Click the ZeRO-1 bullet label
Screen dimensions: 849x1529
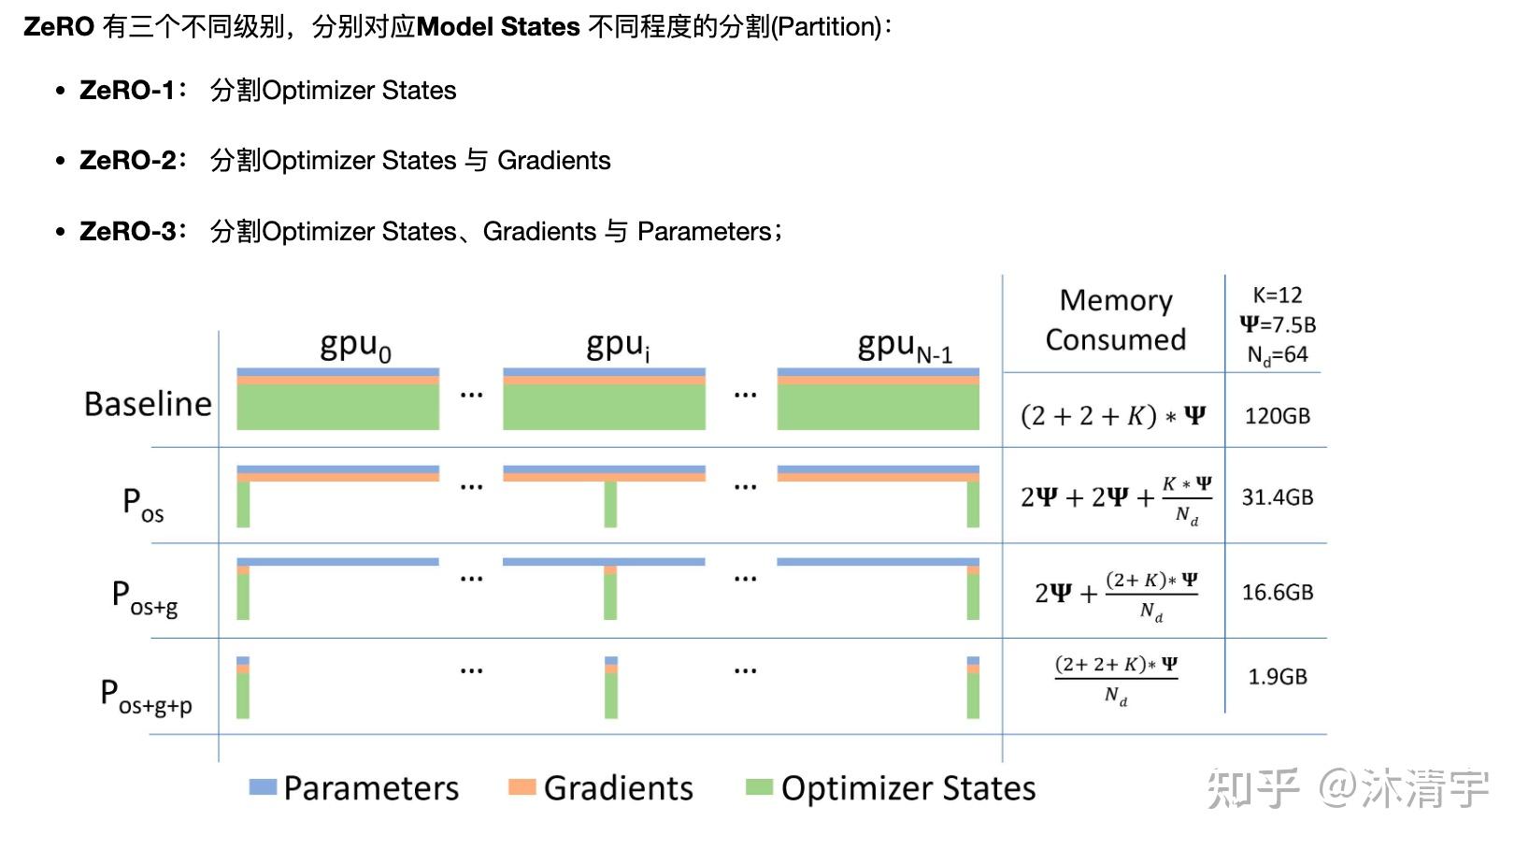[x=128, y=91]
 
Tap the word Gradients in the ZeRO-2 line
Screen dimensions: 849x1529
[x=553, y=161]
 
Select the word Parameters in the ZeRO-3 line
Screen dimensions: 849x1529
[x=704, y=231]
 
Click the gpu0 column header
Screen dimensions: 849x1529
[x=355, y=346]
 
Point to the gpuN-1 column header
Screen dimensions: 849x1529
[x=904, y=348]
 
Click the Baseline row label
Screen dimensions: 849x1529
[x=148, y=404]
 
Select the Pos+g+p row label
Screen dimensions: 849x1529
[x=147, y=697]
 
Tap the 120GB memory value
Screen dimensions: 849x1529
[x=1277, y=416]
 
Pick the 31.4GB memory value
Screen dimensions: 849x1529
[x=1277, y=497]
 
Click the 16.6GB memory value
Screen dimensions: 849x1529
[x=1277, y=593]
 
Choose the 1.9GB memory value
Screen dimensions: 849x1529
[x=1277, y=677]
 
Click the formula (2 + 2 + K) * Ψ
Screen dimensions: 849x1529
[x=1112, y=416]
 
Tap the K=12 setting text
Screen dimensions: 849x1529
[x=1277, y=295]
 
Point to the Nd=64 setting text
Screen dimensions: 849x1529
[x=1277, y=355]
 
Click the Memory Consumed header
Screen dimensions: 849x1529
[x=1115, y=320]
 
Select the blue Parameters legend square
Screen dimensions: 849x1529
[x=263, y=787]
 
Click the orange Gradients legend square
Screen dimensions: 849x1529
[x=522, y=787]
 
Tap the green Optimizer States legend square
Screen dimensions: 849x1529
[x=759, y=787]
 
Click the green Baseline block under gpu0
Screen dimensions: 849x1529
[x=337, y=408]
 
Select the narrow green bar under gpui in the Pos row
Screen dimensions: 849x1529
[x=610, y=504]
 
